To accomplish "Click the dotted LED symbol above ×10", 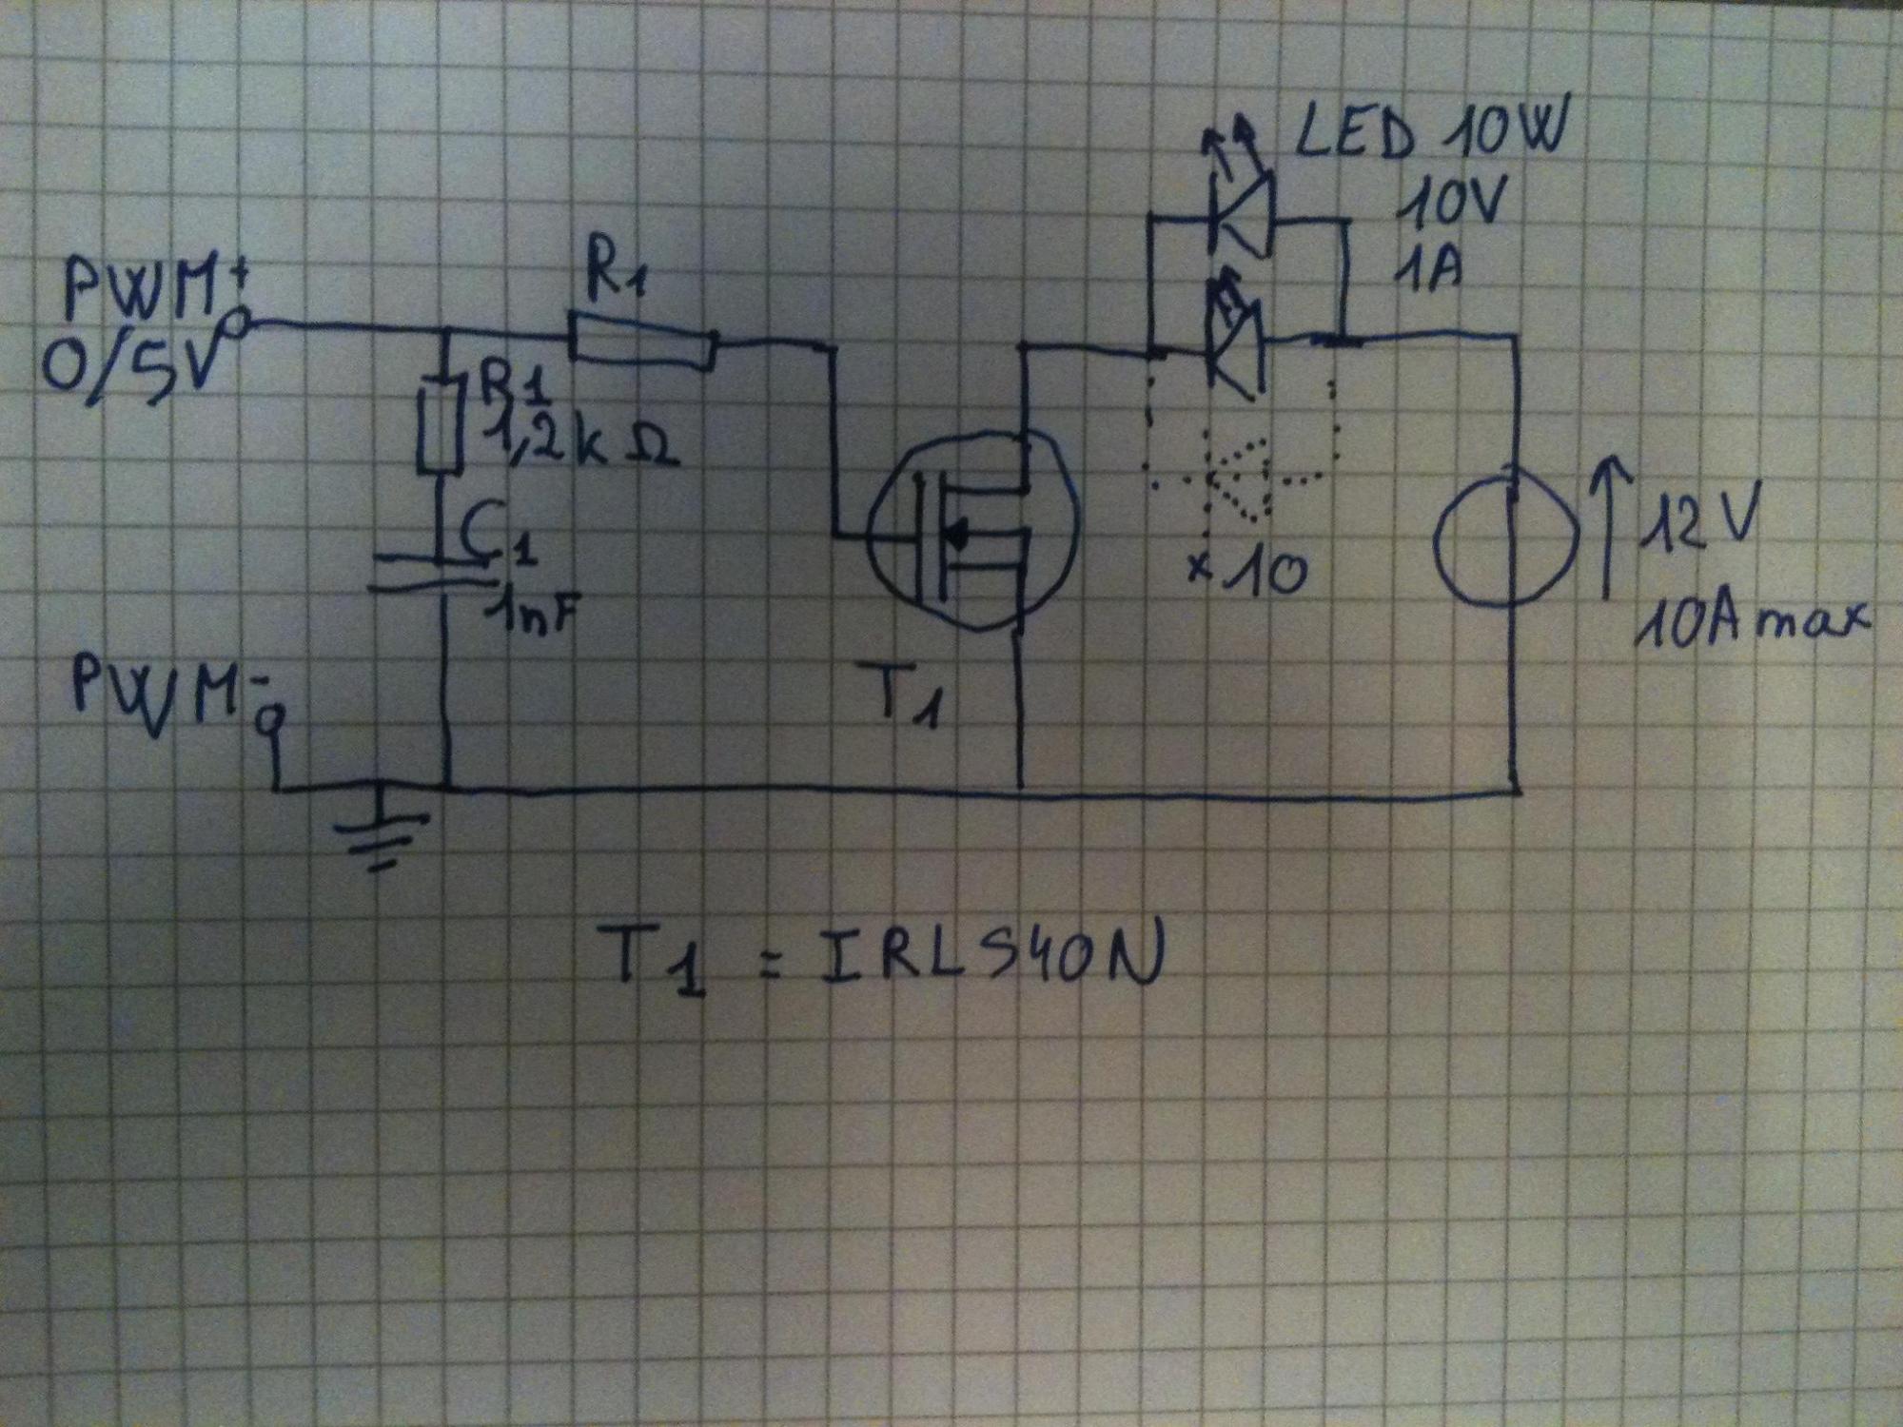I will pos(1237,480).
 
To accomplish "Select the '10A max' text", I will pos(1751,623).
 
